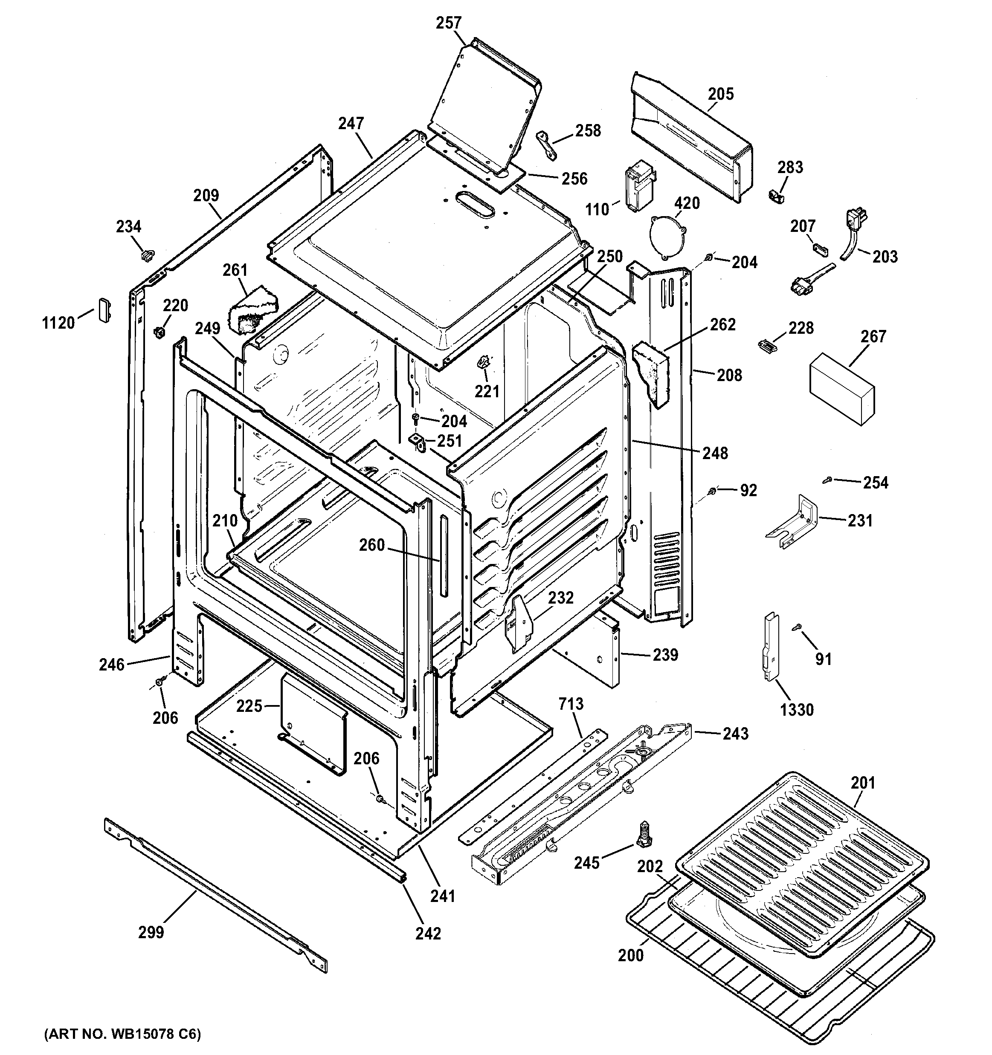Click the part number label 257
click(449, 23)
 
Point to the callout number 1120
click(58, 322)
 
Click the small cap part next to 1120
click(104, 309)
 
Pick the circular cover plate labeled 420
click(667, 237)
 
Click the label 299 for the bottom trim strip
click(151, 932)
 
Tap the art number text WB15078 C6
click(122, 1034)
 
